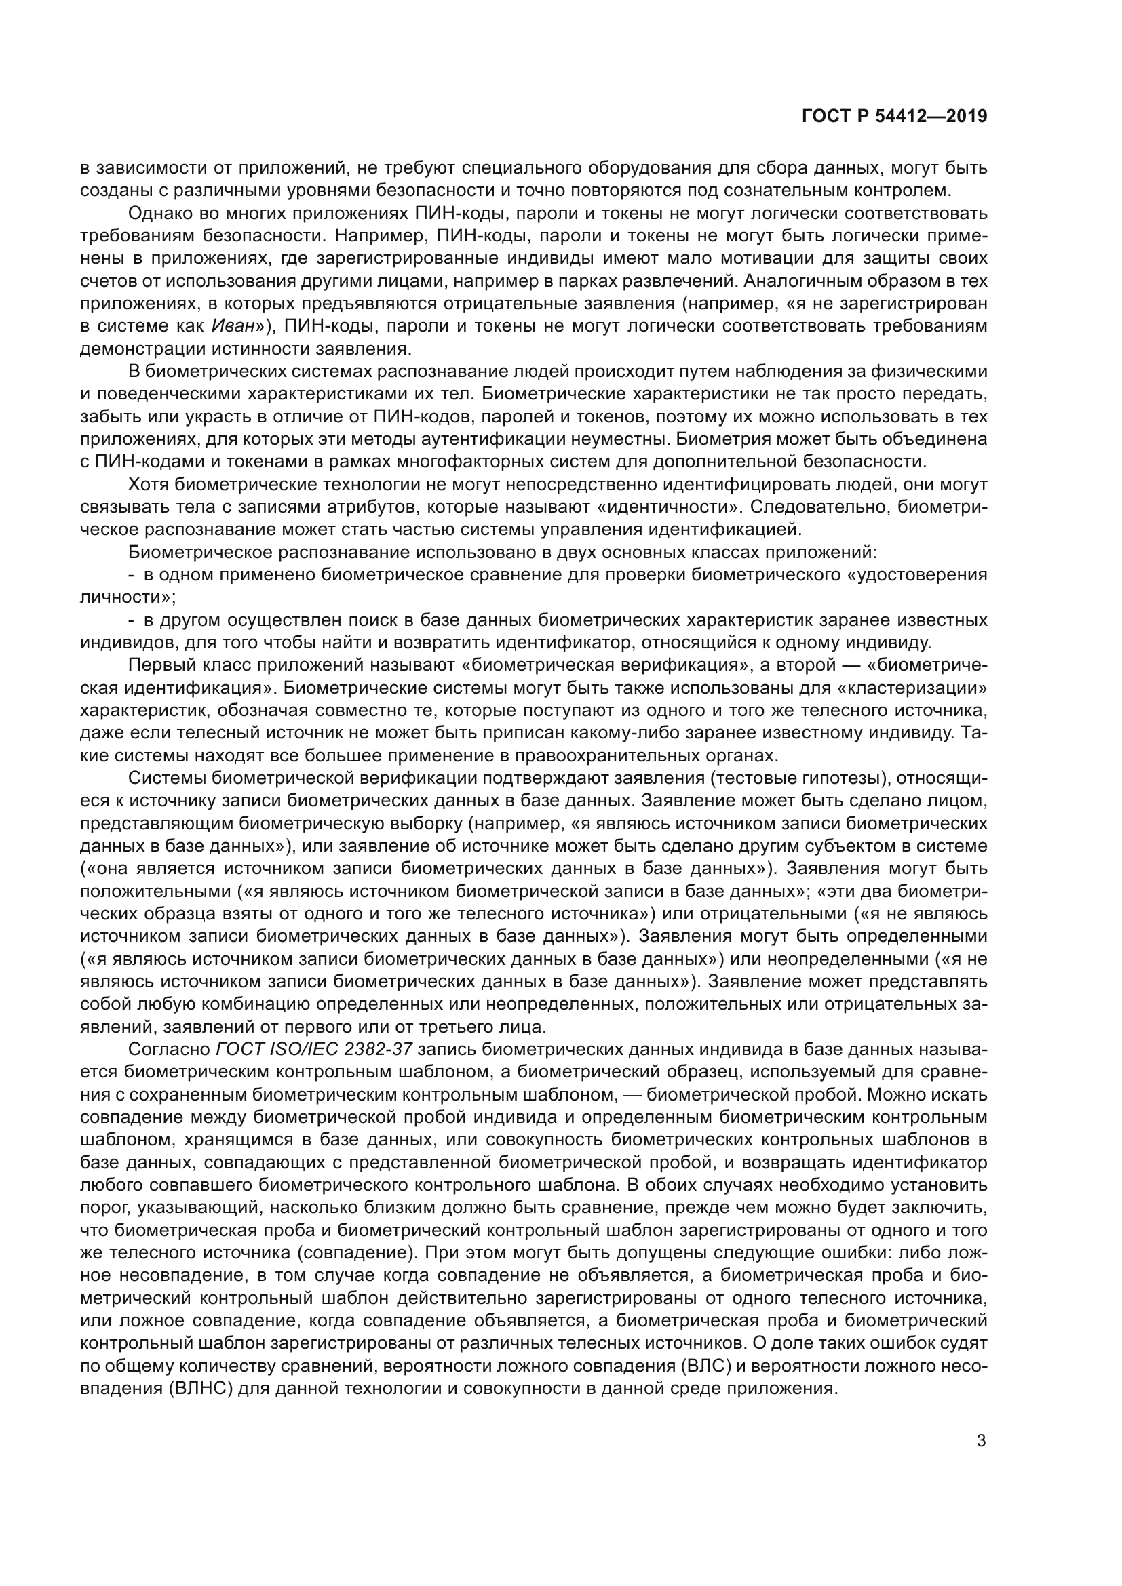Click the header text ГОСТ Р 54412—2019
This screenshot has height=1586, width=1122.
(x=894, y=117)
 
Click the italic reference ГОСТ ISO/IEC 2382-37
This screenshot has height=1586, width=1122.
(x=314, y=1049)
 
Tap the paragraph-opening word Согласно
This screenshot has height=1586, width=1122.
(x=170, y=1049)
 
